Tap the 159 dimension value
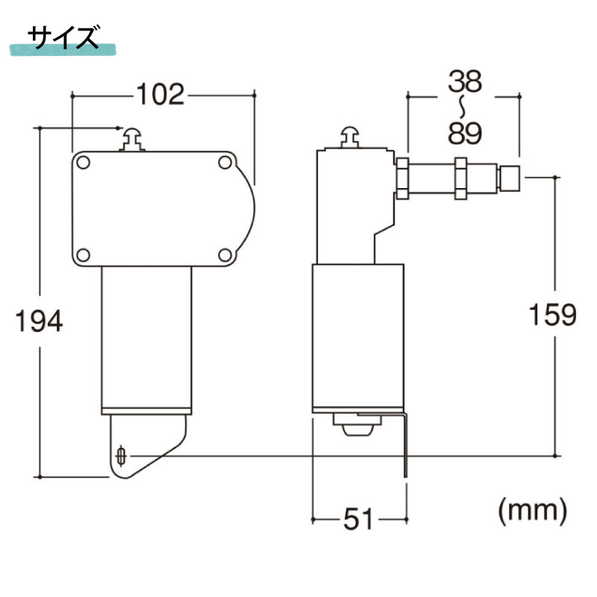pyautogui.click(x=553, y=314)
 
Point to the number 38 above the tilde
pyautogui.click(x=464, y=83)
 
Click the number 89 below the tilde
pyautogui.click(x=464, y=133)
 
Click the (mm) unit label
pyautogui.click(x=532, y=510)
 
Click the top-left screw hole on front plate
pyautogui.click(x=84, y=162)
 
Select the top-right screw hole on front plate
pyautogui.click(x=224, y=162)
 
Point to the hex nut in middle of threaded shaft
pyautogui.click(x=460, y=178)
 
